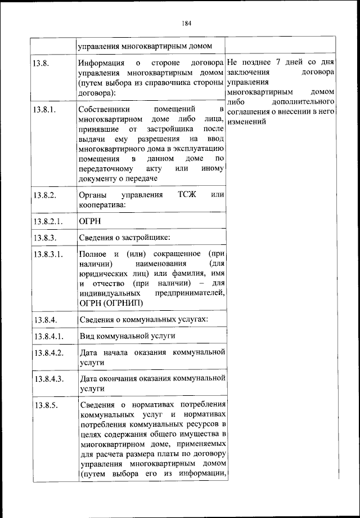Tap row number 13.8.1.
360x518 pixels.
pos(44,109)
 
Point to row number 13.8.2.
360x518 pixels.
pos(44,195)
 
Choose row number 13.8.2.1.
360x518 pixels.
pos(48,220)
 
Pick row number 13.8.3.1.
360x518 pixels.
pos(48,254)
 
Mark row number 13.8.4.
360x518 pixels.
pos(44,320)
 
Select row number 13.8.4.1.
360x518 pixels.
pos(48,336)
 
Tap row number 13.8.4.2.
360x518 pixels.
pos(48,353)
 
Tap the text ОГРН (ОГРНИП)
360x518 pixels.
pos(111,303)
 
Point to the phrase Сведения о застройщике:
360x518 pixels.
pos(125,238)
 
